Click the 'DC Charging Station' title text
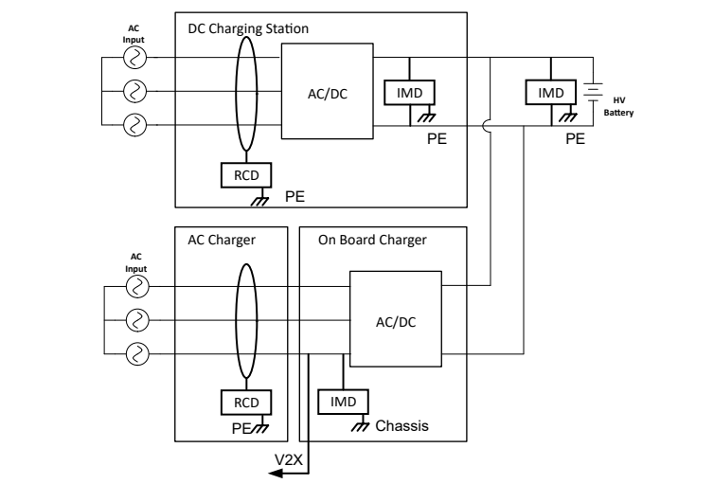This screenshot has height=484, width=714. point(247,28)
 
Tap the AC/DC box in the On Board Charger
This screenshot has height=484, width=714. point(396,320)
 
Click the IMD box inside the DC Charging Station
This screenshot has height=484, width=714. point(408,92)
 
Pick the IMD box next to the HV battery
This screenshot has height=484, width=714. point(550,92)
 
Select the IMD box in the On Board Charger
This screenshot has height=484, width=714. point(342,402)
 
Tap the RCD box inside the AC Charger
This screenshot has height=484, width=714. point(245,402)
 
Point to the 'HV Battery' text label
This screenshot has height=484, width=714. point(619,107)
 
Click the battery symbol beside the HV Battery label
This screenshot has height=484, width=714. point(594,93)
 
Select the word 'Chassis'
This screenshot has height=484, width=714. point(402,426)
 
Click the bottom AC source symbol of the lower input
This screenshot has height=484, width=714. point(138,354)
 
